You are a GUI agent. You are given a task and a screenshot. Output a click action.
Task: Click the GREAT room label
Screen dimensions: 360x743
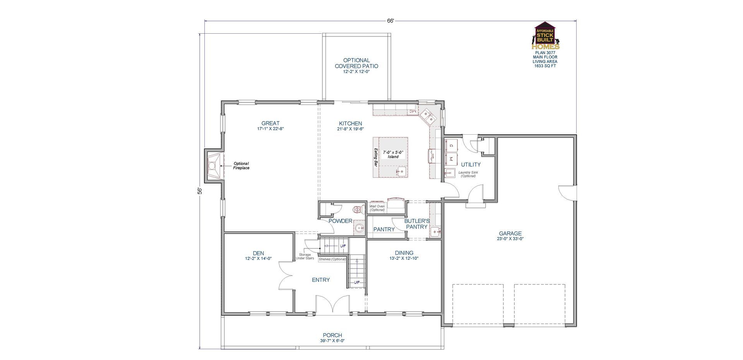[x=270, y=123]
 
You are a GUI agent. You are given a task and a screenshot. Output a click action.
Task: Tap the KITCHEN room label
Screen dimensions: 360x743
[x=350, y=123]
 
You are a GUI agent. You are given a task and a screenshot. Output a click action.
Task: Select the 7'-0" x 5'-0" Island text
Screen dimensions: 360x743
[x=393, y=154]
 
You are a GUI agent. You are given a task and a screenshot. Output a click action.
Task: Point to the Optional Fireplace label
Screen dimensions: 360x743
[x=241, y=166]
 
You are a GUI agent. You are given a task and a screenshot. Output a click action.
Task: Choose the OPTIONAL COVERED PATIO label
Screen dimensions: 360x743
[x=356, y=63]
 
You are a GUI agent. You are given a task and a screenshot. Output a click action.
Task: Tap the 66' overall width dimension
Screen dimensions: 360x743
[x=390, y=21]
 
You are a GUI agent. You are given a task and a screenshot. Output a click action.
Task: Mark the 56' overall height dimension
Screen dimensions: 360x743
[x=200, y=191]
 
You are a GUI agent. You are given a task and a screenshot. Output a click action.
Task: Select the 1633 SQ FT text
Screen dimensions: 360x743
[x=545, y=66]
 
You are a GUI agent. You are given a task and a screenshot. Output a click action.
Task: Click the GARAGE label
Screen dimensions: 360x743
[x=510, y=233]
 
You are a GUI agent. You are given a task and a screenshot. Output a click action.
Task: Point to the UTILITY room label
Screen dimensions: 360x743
[x=471, y=165]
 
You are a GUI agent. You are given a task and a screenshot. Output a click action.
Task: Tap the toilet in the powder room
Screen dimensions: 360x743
[x=358, y=210]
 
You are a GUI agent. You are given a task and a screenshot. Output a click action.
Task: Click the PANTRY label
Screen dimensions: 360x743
[x=384, y=230]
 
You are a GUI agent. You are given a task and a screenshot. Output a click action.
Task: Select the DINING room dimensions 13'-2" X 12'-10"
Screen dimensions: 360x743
[x=404, y=258]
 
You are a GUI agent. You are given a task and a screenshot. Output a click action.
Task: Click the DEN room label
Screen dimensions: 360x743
[x=258, y=253]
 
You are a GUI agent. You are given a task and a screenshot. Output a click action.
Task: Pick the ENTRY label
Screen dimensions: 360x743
[x=321, y=280]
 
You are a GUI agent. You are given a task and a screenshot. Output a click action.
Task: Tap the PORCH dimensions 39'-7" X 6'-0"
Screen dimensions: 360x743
[x=332, y=341]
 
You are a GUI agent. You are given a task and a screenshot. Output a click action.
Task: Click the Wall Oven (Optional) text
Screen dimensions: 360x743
[x=377, y=208]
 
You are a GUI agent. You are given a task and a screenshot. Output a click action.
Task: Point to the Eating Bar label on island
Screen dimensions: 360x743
[x=375, y=158]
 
